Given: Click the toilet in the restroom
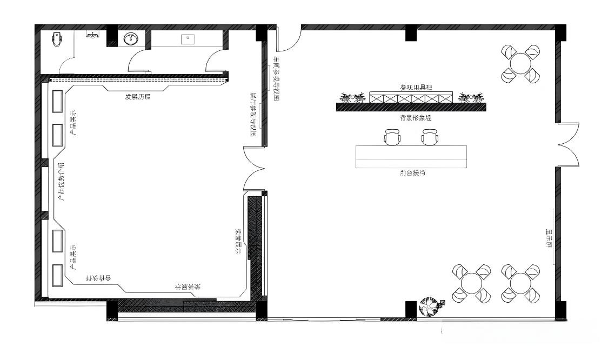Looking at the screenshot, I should [58, 39].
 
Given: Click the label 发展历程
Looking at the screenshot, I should [137, 97].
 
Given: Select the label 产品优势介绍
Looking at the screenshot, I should [61, 181].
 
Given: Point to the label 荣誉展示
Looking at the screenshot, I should [237, 241].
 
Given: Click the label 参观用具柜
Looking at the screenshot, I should [416, 87].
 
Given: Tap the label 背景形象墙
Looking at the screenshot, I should [416, 117].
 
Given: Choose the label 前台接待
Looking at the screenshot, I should [412, 174].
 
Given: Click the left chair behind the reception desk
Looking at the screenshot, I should [392, 137].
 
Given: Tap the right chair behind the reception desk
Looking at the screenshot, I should [430, 137].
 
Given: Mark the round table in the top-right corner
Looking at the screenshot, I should [520, 63].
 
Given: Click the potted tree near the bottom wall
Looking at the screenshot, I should [431, 308].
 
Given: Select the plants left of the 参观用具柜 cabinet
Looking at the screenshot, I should [352, 98].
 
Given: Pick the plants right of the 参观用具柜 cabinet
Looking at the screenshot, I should [470, 98].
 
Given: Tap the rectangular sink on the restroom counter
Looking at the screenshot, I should [188, 38].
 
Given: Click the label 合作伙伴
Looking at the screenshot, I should [99, 278].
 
